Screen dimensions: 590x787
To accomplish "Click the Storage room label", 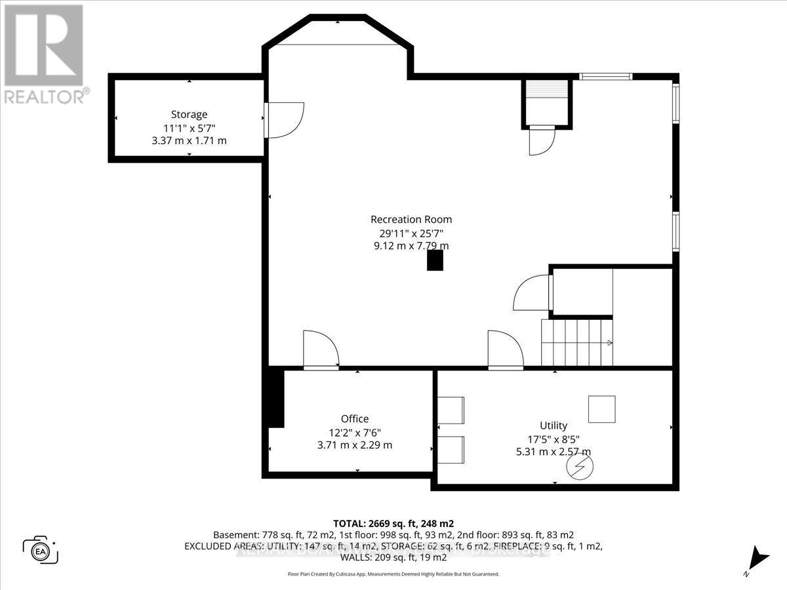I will [x=189, y=114].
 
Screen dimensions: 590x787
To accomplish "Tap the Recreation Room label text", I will [x=411, y=220].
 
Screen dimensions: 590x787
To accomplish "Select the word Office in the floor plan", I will [x=355, y=418].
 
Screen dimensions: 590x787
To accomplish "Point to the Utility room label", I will [x=554, y=425].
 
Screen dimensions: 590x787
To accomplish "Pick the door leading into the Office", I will [x=320, y=351].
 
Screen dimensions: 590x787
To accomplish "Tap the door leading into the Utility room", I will [x=505, y=351].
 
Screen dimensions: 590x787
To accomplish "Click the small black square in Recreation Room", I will [x=435, y=261].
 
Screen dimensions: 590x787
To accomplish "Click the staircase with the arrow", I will [x=576, y=342].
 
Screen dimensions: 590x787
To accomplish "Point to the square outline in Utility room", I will [x=601, y=409].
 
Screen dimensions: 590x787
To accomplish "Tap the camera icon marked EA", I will [x=40, y=549].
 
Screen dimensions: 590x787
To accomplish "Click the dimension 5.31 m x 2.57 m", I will [x=554, y=452].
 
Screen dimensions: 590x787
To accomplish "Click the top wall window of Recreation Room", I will [x=606, y=77].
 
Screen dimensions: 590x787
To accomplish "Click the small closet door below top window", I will [x=542, y=139].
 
